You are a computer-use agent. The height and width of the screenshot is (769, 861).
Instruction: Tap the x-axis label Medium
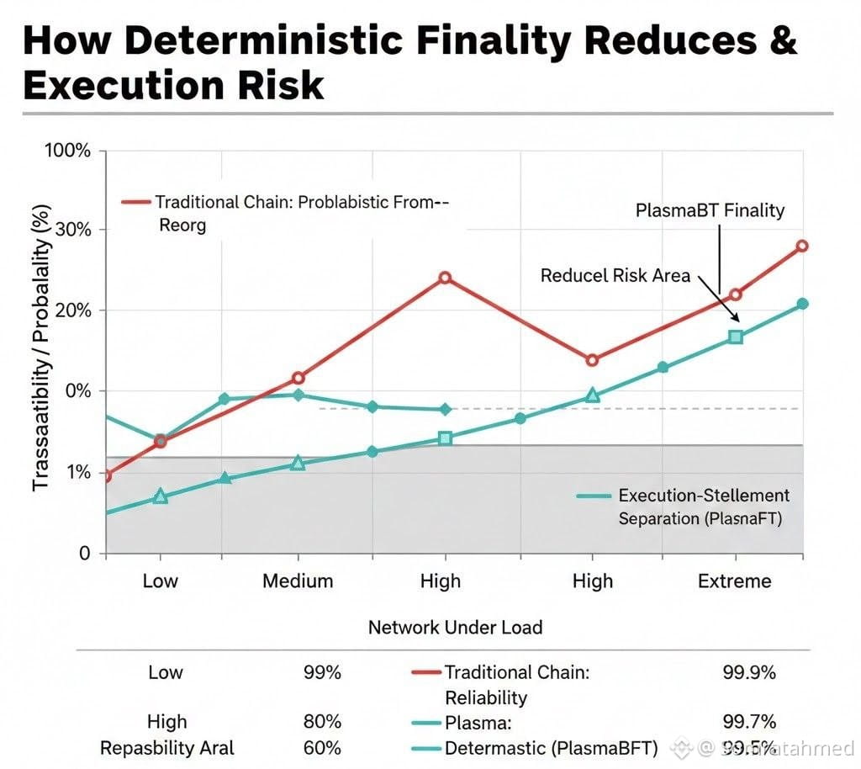(298, 581)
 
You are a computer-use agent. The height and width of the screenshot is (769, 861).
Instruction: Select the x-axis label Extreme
(734, 581)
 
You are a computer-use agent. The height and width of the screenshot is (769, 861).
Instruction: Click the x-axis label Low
(160, 581)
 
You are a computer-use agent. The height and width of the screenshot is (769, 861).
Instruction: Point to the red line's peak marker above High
(445, 278)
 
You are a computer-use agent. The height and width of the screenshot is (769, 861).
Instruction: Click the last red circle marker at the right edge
(802, 246)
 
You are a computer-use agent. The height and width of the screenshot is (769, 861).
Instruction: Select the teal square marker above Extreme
(736, 337)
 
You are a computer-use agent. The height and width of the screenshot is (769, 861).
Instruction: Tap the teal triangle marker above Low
(161, 496)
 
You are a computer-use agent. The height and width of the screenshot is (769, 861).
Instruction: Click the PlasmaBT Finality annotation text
(710, 210)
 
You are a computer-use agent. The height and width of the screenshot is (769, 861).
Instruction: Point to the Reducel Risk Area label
(615, 275)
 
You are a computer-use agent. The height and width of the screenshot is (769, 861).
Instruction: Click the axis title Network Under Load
(455, 627)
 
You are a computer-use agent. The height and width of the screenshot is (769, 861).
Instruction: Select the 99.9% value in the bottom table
(748, 673)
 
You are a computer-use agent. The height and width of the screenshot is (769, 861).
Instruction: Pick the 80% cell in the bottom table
(322, 722)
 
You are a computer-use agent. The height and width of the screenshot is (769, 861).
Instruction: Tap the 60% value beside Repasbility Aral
(322, 748)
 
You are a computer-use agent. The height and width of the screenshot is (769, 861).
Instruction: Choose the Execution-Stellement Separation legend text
(703, 506)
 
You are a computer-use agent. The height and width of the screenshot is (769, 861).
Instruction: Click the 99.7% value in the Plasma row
(748, 722)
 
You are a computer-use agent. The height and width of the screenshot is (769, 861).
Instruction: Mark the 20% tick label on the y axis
(72, 311)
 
